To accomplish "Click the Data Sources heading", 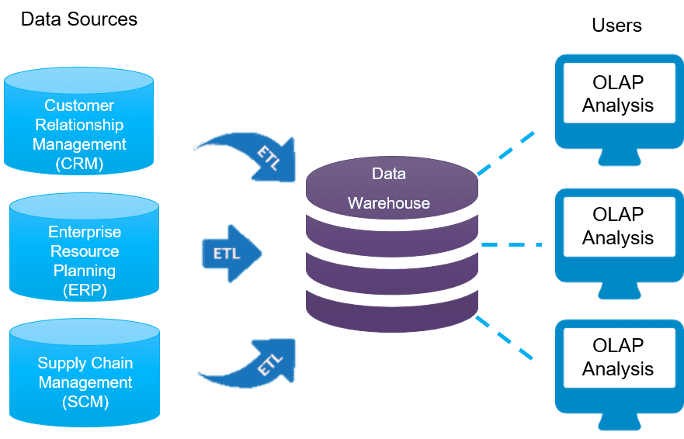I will pyautogui.click(x=78, y=19).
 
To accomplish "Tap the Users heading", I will pyautogui.click(x=616, y=26).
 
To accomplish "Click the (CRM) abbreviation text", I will pyautogui.click(x=79, y=164).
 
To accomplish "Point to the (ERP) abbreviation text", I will pyautogui.click(x=85, y=290).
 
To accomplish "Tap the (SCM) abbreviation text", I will pyautogui.click(x=85, y=402).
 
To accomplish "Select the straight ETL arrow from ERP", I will pyautogui.click(x=231, y=254).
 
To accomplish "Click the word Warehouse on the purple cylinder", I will pyautogui.click(x=388, y=203).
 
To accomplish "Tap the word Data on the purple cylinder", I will pyautogui.click(x=388, y=175).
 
